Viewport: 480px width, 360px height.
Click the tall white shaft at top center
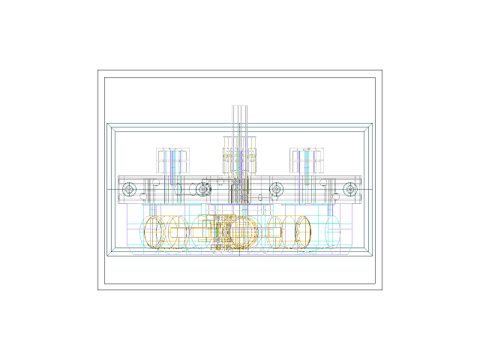[239, 120]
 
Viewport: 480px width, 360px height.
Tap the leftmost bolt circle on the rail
[129, 189]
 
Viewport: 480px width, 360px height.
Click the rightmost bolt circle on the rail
[349, 189]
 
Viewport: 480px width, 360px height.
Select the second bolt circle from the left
[202, 189]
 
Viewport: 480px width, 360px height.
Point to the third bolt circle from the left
[276, 189]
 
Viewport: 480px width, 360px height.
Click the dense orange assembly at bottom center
[237, 232]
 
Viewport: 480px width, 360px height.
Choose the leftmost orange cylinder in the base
[154, 232]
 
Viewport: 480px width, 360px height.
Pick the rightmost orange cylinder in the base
[303, 232]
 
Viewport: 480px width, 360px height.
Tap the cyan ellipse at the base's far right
[334, 232]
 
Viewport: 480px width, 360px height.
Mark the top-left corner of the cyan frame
[107, 124]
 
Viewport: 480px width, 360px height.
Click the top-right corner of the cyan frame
[372, 124]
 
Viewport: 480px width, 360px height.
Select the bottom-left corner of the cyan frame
[107, 256]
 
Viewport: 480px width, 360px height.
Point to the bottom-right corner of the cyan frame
[372, 256]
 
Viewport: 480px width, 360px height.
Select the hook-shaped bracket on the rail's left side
[151, 183]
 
